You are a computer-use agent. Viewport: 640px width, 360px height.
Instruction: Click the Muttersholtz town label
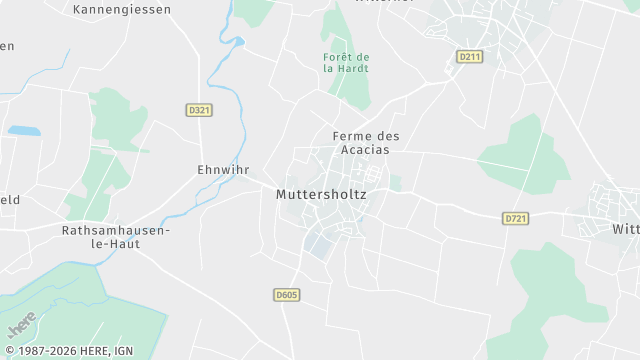pos(320,195)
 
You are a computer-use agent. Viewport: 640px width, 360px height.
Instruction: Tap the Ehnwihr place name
pos(223,170)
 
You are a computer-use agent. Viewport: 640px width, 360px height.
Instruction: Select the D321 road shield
pos(200,109)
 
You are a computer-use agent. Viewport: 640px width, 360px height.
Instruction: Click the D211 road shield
pos(469,57)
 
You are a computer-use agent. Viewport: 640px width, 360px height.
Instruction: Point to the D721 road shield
pos(516,217)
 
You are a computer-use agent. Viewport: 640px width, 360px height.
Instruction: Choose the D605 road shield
pos(286,295)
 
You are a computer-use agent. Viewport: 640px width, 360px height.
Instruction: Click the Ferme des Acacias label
pos(360,142)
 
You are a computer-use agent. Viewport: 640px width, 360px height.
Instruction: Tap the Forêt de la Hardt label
pos(346,62)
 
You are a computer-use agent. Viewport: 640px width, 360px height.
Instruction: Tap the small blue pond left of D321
pos(23,131)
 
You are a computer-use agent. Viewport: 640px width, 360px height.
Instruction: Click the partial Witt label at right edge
pos(625,228)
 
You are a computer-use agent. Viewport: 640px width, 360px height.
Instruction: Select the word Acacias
pos(360,149)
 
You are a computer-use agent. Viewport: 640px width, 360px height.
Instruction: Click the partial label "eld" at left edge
pos(9,199)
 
